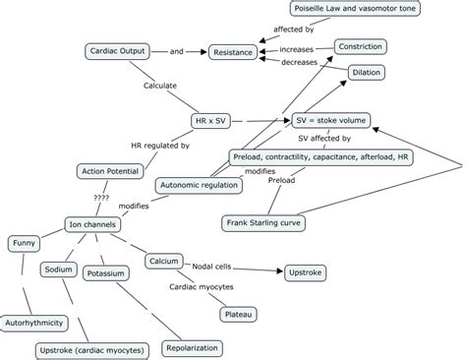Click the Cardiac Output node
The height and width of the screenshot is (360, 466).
pos(116,50)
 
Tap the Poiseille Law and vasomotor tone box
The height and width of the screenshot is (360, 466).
pos(339,9)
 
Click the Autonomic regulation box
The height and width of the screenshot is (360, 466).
pos(199,184)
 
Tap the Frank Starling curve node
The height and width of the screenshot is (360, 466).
pos(262,221)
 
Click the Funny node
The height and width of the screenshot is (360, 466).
pos(24,242)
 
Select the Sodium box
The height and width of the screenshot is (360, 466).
pos(58,269)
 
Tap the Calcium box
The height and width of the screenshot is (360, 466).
pos(163,261)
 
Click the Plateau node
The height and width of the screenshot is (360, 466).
pos(238,314)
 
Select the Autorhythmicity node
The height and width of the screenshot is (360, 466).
pos(36,321)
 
